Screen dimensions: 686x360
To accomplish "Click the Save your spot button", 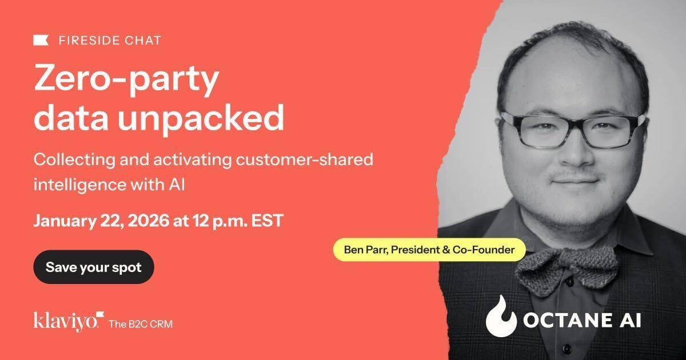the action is pos(94,267).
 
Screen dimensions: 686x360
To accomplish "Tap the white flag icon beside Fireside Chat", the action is pos(41,41).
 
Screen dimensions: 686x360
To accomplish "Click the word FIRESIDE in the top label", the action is pos(89,41).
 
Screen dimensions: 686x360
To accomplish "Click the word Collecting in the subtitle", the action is pos(74,160).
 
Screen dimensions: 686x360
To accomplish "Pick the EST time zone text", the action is pos(267,221).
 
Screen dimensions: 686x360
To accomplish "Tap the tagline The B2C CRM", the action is pos(141,323).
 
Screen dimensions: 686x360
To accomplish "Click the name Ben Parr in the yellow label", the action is pos(366,250).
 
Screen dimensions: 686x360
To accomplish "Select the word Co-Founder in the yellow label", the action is pos(484,250).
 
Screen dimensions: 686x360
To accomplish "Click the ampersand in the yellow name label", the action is pos(446,250).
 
